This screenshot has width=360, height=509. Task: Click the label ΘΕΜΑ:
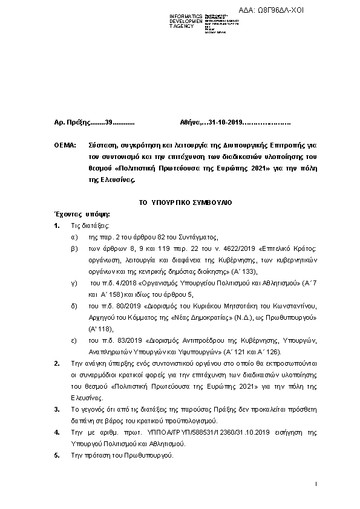pyautogui.click(x=65, y=146)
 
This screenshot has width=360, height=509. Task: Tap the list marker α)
pyautogui.click(x=74, y=237)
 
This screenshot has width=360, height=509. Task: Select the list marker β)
pyautogui.click(x=74, y=248)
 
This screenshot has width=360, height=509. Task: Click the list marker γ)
pyautogui.click(x=73, y=283)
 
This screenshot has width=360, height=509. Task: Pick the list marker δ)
pyautogui.click(x=74, y=306)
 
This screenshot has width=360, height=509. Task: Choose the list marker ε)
pyautogui.click(x=74, y=340)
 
